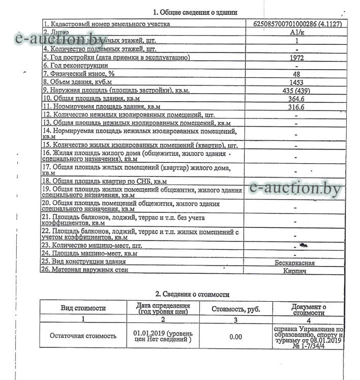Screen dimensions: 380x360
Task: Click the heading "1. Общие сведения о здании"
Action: pos(195,12)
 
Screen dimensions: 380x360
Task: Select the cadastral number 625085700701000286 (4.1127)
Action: pos(296,23)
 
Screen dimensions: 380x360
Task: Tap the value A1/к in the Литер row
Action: pos(296,32)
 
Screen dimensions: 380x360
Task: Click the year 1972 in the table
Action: pos(296,57)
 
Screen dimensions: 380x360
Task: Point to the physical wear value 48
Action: pos(296,74)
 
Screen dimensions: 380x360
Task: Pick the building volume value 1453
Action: pos(296,82)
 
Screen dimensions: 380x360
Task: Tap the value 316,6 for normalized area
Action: pos(296,107)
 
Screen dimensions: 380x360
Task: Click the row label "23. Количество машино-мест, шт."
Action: pos(92,245)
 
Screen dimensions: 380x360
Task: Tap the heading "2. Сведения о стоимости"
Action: pos(192,294)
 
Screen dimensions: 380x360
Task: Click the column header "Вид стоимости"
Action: pos(83,308)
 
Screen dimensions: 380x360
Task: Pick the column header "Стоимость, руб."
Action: pos(235,309)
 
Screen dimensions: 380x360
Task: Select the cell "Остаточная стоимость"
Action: pos(83,336)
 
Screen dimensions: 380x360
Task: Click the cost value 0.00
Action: pos(235,336)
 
